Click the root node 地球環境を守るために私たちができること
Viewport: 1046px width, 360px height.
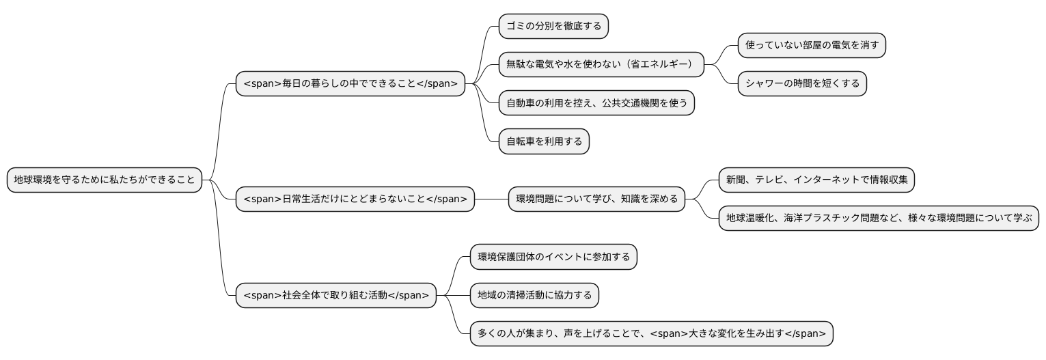pos(105,180)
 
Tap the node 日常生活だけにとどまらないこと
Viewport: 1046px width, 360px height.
pos(355,199)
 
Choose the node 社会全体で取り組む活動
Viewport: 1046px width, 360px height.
pos(335,296)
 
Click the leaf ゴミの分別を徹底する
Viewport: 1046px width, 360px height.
pos(553,27)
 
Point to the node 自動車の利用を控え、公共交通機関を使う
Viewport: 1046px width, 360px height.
pos(596,103)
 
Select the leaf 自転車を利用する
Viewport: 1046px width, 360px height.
pos(544,142)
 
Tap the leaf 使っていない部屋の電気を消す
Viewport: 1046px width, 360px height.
pos(812,46)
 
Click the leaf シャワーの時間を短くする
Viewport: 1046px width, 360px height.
pos(802,84)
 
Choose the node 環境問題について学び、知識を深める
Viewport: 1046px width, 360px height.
pos(596,199)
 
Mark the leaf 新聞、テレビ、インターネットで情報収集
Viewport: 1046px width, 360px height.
pos(816,180)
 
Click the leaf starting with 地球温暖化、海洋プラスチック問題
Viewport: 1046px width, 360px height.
pos(879,219)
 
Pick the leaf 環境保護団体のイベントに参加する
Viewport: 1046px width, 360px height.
pos(553,258)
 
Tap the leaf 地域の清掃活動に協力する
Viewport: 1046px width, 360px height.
pos(534,296)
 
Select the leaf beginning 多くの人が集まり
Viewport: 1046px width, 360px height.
pos(651,334)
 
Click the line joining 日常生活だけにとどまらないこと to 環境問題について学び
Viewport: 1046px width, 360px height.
pos(491,199)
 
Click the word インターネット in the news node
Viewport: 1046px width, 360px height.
pos(828,180)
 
